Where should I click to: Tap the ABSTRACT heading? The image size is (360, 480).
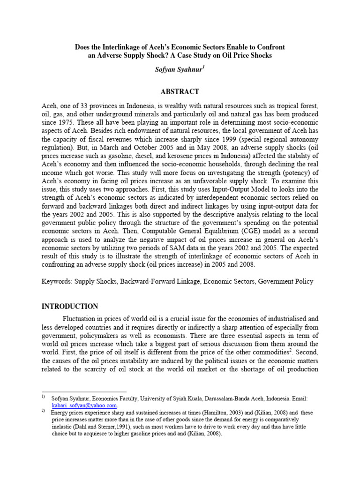[x=180, y=91]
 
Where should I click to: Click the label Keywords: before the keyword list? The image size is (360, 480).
[x=56, y=282]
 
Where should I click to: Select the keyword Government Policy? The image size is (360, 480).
[x=286, y=282]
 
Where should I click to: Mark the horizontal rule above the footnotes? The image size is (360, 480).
[x=84, y=391]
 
